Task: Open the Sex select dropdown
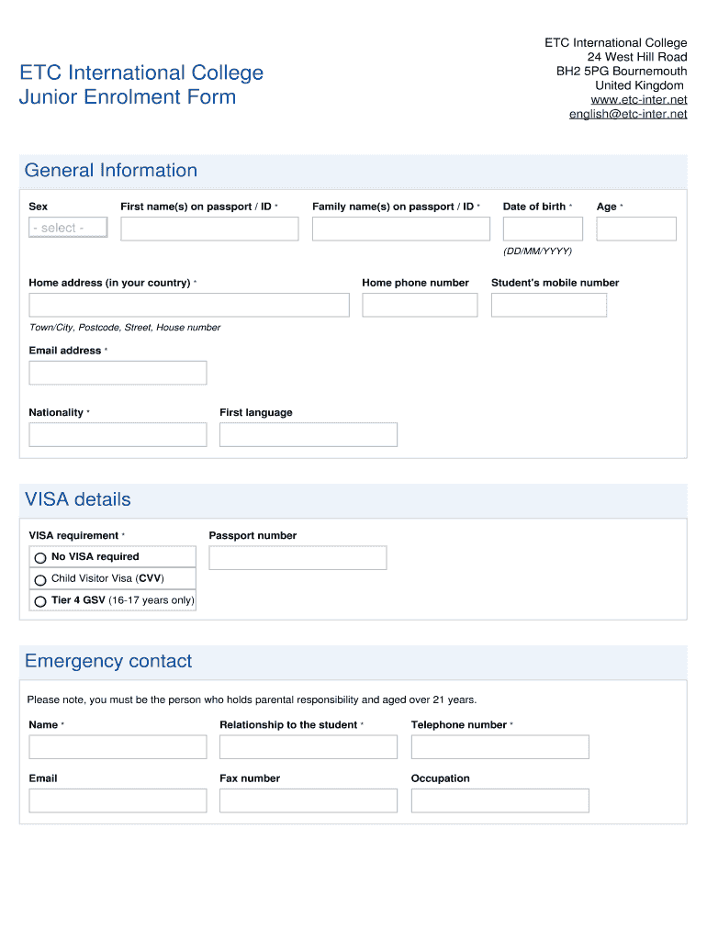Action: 68,228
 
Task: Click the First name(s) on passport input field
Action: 209,229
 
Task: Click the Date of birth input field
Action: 543,229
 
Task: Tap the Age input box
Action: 635,229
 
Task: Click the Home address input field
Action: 189,305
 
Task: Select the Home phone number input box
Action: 420,305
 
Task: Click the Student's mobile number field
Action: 549,305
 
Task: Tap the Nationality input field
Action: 118,434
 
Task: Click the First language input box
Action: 309,434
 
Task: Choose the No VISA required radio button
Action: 40,558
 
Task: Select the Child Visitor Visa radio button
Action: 40,580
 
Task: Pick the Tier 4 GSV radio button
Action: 40,602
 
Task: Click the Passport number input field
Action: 297,557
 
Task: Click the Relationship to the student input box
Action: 309,746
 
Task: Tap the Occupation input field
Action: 499,800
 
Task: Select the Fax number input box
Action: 309,800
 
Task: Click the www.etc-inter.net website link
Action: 639,100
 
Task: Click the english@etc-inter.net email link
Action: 628,115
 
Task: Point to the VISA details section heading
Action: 78,499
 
